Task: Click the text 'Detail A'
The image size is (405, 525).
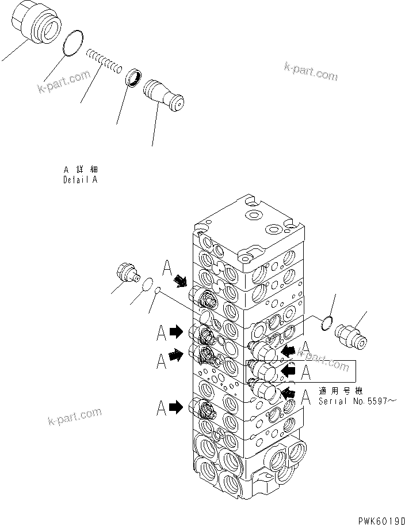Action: [x=81, y=180]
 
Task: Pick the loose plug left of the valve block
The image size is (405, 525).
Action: [x=127, y=271]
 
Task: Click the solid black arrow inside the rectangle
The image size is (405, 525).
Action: [x=288, y=372]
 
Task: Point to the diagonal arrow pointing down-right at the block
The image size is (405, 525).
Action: [x=181, y=281]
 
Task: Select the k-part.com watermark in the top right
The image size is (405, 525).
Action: [x=311, y=71]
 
